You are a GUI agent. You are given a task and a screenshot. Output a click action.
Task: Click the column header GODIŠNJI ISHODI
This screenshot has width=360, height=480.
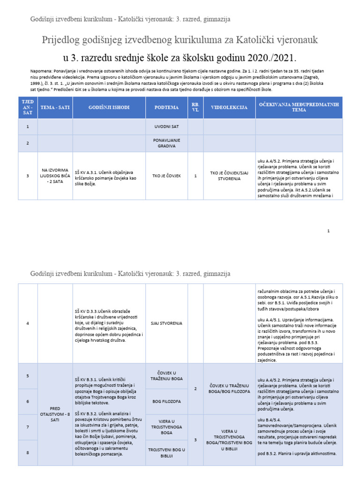point(109,107)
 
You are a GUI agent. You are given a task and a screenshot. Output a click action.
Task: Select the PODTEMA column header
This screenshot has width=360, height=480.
point(167,107)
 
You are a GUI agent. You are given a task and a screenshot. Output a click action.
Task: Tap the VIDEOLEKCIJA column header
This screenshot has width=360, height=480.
point(229,107)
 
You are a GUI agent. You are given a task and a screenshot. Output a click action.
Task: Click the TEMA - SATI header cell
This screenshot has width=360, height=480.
point(55,107)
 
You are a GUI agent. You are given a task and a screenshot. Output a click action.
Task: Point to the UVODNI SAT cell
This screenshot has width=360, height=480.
point(167,127)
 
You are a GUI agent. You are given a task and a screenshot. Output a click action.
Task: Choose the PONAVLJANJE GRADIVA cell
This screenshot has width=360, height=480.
point(167,143)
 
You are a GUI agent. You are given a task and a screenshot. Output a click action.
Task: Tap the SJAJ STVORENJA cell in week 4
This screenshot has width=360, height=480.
point(167,323)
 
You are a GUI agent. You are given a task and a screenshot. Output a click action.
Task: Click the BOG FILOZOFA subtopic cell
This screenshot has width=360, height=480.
point(167,402)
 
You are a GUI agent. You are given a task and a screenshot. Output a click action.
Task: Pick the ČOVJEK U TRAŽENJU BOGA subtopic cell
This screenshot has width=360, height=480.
point(167,375)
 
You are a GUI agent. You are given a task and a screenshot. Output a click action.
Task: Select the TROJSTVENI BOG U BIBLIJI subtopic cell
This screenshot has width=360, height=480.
point(167,452)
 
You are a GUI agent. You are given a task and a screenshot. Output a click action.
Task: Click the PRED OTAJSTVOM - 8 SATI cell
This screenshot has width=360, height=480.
point(55,414)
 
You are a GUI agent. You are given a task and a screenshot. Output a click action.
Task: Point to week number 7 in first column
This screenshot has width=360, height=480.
point(28,427)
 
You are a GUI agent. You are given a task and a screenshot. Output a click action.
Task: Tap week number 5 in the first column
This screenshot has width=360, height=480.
point(28,375)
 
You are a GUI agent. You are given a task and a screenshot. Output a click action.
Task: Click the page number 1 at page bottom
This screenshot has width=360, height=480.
point(329,231)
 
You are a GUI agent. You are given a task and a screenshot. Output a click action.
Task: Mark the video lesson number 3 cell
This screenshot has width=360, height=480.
point(195,440)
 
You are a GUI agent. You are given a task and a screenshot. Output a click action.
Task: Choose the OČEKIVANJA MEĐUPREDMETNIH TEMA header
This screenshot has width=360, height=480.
point(299,107)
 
